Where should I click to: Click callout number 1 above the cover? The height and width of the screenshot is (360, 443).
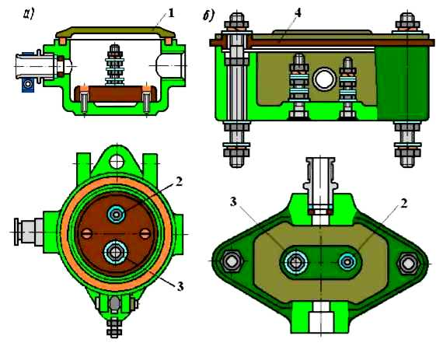click(171, 13)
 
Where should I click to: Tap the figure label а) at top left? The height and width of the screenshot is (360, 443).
click(29, 14)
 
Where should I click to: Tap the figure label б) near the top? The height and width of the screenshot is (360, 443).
click(209, 16)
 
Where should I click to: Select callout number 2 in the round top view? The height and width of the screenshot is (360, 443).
click(179, 182)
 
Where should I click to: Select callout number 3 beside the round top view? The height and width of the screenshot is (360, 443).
click(180, 287)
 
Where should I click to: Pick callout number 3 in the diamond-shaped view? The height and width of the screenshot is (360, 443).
click(233, 201)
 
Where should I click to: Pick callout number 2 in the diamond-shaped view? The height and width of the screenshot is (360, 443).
click(404, 203)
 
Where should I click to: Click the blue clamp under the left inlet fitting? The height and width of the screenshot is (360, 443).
click(28, 84)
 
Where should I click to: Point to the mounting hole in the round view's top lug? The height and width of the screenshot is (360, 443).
click(117, 162)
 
